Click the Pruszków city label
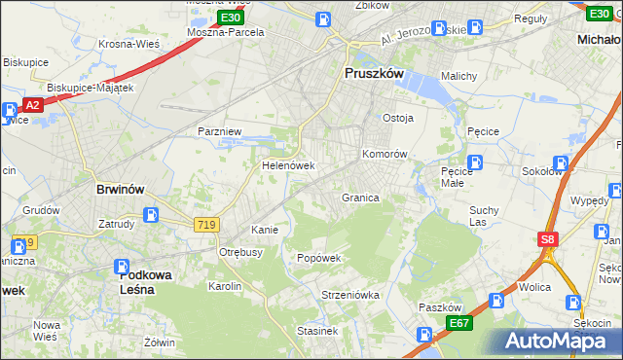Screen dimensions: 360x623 tap(376, 72)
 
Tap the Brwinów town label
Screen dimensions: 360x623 tap(120, 190)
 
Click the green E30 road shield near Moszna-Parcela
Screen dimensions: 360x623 tap(230, 18)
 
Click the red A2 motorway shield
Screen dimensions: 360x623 tap(32, 105)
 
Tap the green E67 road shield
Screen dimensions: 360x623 tap(459, 323)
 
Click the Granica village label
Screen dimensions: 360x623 tap(360, 198)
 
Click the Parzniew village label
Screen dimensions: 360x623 tap(219, 130)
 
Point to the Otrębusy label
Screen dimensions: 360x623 tap(240, 251)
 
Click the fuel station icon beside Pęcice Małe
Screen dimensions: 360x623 tap(475, 162)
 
